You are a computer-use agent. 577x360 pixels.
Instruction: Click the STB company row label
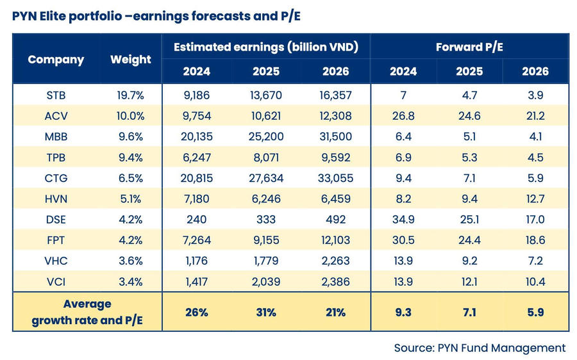tap(56, 96)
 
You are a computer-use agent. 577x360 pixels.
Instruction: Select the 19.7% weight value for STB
tap(130, 96)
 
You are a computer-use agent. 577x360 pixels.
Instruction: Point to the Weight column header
tap(131, 60)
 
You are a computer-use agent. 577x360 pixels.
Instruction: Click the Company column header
tap(56, 60)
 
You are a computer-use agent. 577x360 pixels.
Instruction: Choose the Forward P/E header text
tap(469, 47)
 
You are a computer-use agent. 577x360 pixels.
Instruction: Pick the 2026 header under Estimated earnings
tap(335, 71)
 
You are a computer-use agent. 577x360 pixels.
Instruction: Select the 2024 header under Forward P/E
tap(403, 71)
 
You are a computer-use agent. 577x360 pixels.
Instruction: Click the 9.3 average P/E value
tap(403, 312)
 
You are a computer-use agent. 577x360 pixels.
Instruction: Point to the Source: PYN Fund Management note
tap(480, 348)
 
